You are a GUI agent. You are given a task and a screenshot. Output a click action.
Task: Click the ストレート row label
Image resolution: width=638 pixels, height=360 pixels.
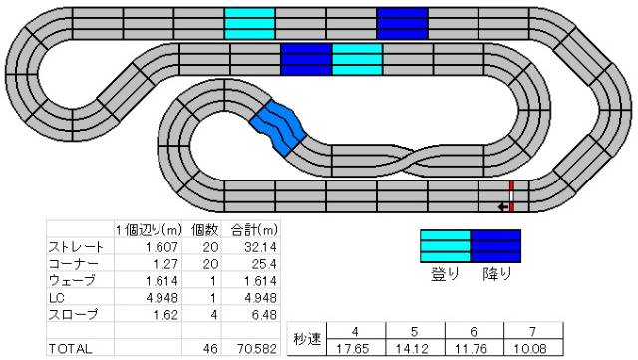click(x=76, y=247)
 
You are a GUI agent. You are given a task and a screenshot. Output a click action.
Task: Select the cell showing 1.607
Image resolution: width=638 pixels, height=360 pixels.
click(x=161, y=247)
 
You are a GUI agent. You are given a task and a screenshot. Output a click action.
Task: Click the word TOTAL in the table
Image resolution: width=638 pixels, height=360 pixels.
click(x=70, y=349)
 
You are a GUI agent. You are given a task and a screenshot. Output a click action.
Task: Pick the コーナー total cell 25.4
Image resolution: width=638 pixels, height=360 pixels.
click(x=264, y=264)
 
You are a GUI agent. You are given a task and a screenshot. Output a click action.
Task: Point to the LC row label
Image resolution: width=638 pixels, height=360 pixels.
click(x=57, y=298)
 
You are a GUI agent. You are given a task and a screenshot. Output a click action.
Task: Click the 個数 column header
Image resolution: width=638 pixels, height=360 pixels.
click(x=205, y=230)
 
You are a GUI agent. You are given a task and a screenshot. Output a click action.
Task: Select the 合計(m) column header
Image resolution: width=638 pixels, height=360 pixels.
click(x=254, y=230)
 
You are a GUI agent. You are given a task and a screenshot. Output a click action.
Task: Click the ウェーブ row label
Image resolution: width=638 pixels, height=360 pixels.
click(x=72, y=281)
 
